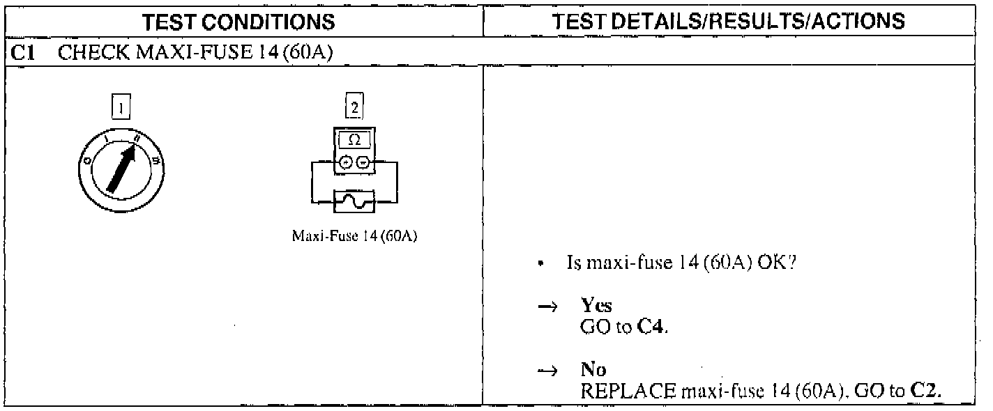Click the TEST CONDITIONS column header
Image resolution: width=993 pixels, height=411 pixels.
[x=238, y=22]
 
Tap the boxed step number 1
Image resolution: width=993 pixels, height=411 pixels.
[x=123, y=109]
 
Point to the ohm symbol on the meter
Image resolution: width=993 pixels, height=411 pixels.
[x=354, y=140]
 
